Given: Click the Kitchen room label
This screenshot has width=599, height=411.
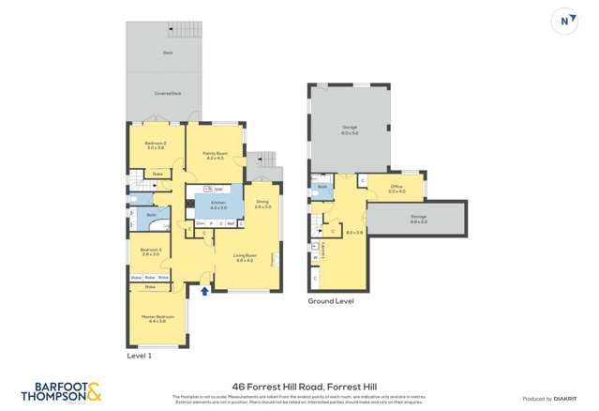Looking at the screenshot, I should (x=217, y=205).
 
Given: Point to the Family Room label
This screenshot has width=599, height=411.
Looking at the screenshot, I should (x=213, y=155).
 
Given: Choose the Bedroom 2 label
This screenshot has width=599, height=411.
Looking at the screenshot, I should (x=155, y=145).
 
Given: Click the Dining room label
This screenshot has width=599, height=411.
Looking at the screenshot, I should (x=262, y=204).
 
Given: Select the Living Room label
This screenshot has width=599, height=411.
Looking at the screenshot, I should (x=245, y=258).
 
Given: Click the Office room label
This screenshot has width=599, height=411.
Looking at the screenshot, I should (x=397, y=189).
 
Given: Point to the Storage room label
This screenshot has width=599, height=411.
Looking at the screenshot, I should (x=418, y=219).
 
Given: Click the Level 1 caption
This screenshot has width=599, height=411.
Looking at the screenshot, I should (x=139, y=356).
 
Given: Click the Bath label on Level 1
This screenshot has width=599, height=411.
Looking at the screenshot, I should (x=150, y=215).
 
